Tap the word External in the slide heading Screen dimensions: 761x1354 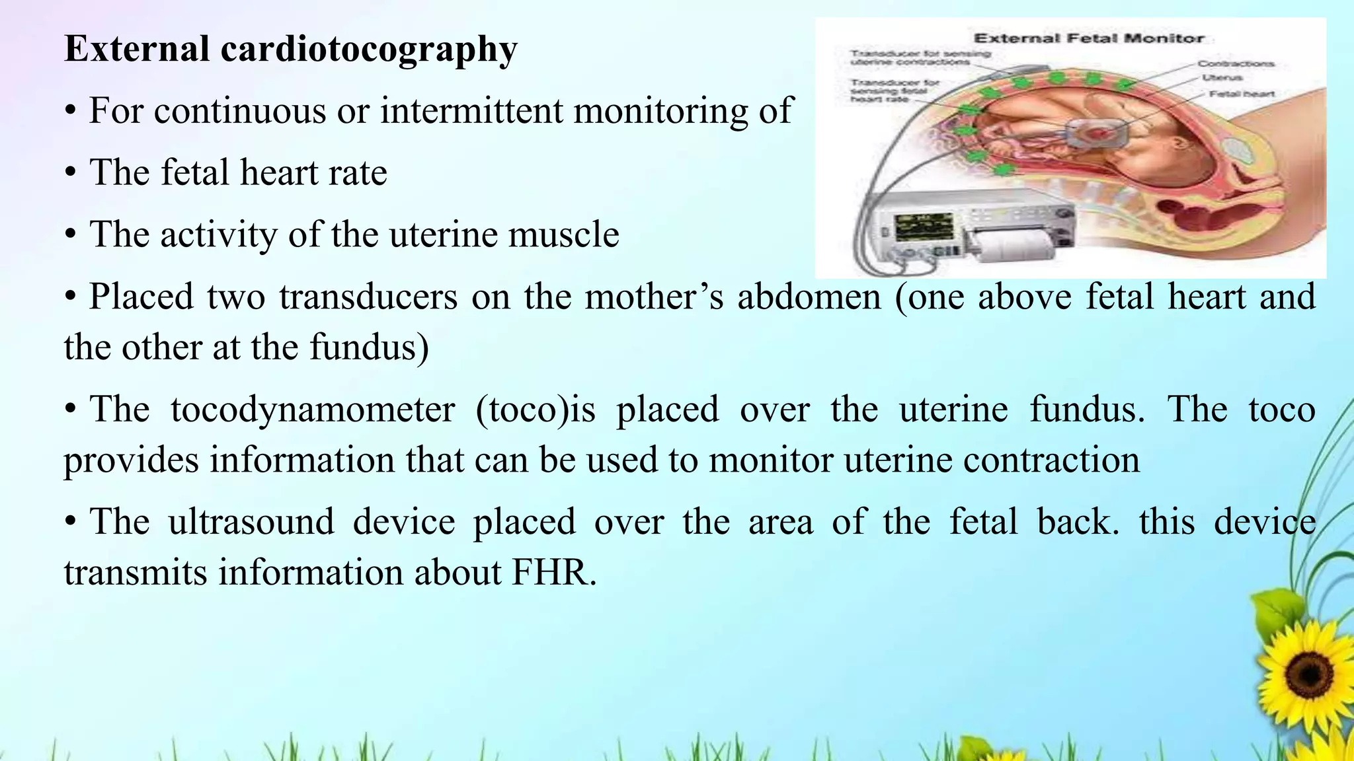[137, 49]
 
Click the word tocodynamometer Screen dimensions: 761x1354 [312, 409]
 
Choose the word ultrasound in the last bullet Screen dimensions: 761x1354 [251, 522]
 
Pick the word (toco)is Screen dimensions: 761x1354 [536, 409]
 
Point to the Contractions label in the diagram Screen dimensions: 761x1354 [1236, 63]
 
